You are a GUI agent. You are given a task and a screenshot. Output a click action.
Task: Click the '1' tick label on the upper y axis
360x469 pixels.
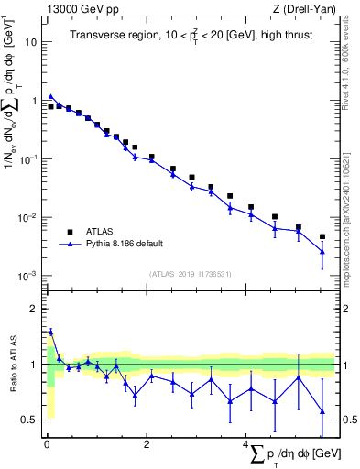(34, 101)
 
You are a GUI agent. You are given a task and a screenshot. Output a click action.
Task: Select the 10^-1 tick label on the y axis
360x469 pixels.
(29, 158)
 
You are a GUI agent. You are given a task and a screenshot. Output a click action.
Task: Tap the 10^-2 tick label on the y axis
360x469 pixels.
(29, 217)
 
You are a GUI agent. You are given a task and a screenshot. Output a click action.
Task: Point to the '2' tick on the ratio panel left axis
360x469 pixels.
(34, 309)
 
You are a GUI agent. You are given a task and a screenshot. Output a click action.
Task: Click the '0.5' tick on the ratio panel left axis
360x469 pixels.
(29, 420)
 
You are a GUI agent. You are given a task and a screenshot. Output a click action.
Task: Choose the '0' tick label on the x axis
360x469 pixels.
(47, 444)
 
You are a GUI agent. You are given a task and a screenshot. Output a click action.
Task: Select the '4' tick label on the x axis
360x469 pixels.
(245, 444)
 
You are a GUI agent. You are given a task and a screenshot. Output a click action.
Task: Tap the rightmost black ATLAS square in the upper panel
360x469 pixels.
(322, 236)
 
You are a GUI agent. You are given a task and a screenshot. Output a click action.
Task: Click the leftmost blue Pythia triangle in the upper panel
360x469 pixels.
(51, 95)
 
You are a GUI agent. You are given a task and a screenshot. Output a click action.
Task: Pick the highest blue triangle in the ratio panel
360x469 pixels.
(51, 332)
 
